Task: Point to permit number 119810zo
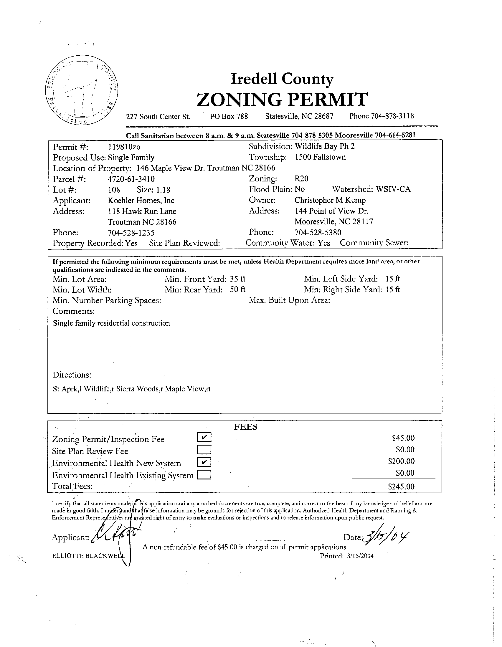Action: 124,147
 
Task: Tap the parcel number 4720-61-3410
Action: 131,179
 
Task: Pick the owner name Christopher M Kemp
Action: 330,200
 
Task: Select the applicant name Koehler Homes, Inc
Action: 141,201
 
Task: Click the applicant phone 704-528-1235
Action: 131,233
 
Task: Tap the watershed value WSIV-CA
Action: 393,189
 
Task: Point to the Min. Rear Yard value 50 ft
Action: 238,289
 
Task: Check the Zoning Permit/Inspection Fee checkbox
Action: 204,437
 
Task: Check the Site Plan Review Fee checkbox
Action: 204,449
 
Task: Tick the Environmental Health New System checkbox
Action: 204,462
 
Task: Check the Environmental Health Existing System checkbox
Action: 204,475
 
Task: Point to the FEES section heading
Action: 245,427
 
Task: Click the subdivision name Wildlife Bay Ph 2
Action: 325,146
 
